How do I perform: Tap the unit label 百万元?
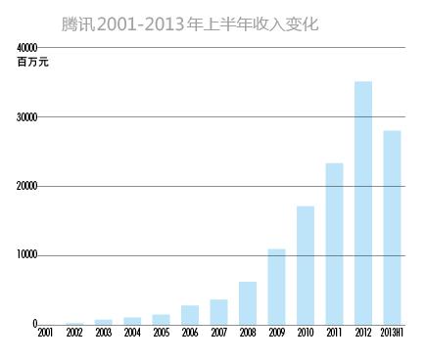pyautogui.click(x=32, y=63)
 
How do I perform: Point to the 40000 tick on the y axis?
pyautogui.click(x=26, y=47)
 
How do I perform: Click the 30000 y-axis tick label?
pyautogui.click(x=26, y=117)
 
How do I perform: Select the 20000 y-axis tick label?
pyautogui.click(x=26, y=186)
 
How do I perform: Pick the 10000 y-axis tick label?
pyautogui.click(x=26, y=255)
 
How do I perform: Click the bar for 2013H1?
pyautogui.click(x=392, y=227)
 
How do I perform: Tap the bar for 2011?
pyautogui.click(x=334, y=244)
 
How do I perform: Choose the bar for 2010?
pyautogui.click(x=306, y=265)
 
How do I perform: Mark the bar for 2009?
pyautogui.click(x=276, y=287)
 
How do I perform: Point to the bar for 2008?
pyautogui.click(x=248, y=303)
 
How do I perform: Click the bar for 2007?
pyautogui.click(x=218, y=312)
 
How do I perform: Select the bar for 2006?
pyautogui.click(x=190, y=315)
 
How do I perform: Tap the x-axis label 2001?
pyautogui.click(x=45, y=335)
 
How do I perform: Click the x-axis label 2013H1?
pyautogui.click(x=392, y=335)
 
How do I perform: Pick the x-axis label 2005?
pyautogui.click(x=161, y=335)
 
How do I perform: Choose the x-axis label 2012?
pyautogui.click(x=363, y=335)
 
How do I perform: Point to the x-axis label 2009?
pyautogui.click(x=276, y=335)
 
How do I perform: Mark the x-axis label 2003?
pyautogui.click(x=103, y=335)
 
